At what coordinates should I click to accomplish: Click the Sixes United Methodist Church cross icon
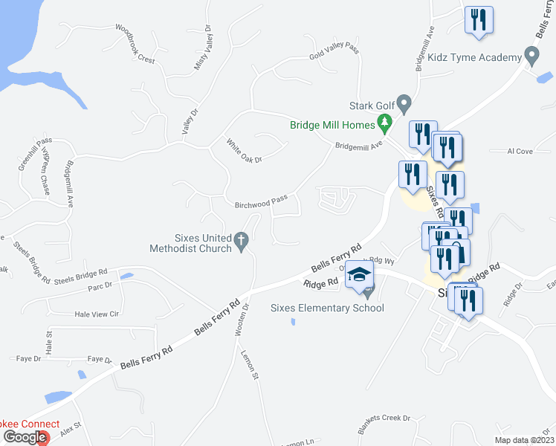coord(240,240)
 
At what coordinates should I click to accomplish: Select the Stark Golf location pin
coord(404,103)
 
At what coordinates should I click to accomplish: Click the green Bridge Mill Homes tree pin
coord(384,121)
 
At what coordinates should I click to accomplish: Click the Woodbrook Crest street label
coord(135,44)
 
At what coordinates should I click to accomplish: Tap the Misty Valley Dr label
coord(203,54)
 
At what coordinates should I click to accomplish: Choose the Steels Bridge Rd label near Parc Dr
coord(81,276)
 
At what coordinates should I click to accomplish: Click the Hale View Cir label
coord(97,314)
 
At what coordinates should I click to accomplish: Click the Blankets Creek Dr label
coord(384,418)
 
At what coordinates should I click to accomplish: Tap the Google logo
coord(24,437)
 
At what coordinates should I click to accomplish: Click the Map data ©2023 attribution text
coord(524,440)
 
